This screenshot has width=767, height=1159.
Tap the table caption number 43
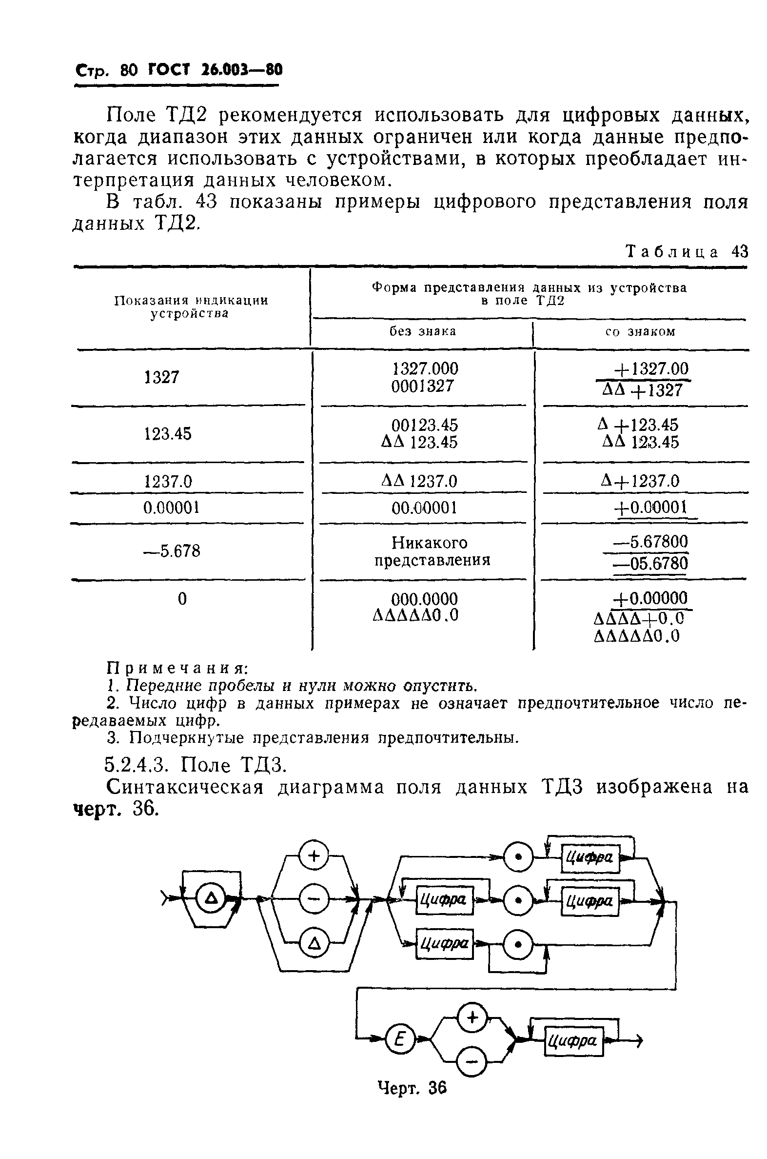click(739, 252)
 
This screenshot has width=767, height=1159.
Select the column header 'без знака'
click(423, 332)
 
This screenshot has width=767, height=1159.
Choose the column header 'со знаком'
click(640, 332)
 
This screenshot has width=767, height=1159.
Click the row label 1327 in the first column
click(162, 377)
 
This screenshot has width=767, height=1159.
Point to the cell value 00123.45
click(425, 425)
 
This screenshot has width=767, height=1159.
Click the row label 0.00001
click(171, 508)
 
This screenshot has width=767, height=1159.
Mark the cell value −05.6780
click(650, 564)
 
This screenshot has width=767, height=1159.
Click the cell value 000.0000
click(425, 599)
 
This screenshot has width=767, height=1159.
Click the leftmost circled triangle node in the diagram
click(211, 898)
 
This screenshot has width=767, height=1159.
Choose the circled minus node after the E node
click(472, 1061)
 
